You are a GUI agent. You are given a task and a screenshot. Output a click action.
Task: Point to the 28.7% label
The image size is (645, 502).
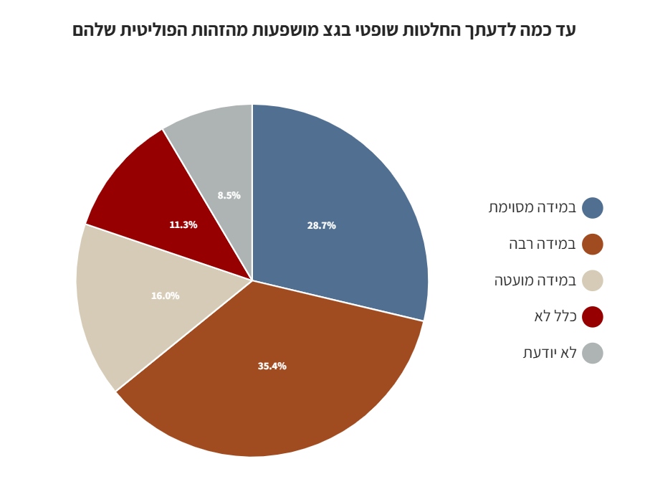(322, 226)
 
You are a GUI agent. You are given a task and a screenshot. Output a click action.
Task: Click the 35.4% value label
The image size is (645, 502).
(272, 366)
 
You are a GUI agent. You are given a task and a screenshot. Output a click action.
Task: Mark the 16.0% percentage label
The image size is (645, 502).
(166, 296)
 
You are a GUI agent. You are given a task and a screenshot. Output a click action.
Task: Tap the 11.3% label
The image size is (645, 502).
(183, 225)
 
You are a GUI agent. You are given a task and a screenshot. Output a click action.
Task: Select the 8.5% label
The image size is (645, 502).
(229, 196)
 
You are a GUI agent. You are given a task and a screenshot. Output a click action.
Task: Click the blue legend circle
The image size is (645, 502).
(593, 208)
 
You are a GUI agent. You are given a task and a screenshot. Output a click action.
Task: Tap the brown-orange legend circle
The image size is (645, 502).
(593, 245)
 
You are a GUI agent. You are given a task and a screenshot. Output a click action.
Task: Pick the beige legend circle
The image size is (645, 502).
(593, 280)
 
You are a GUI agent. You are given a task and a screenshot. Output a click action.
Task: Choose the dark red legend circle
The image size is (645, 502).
(593, 317)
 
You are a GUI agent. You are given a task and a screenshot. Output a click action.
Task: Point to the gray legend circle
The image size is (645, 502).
(593, 353)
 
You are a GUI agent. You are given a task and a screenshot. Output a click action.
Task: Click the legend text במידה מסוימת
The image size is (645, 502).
(532, 208)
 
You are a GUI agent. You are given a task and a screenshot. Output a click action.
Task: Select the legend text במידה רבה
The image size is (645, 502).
(543, 245)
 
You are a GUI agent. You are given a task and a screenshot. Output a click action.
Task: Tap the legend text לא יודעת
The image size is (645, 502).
(550, 353)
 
